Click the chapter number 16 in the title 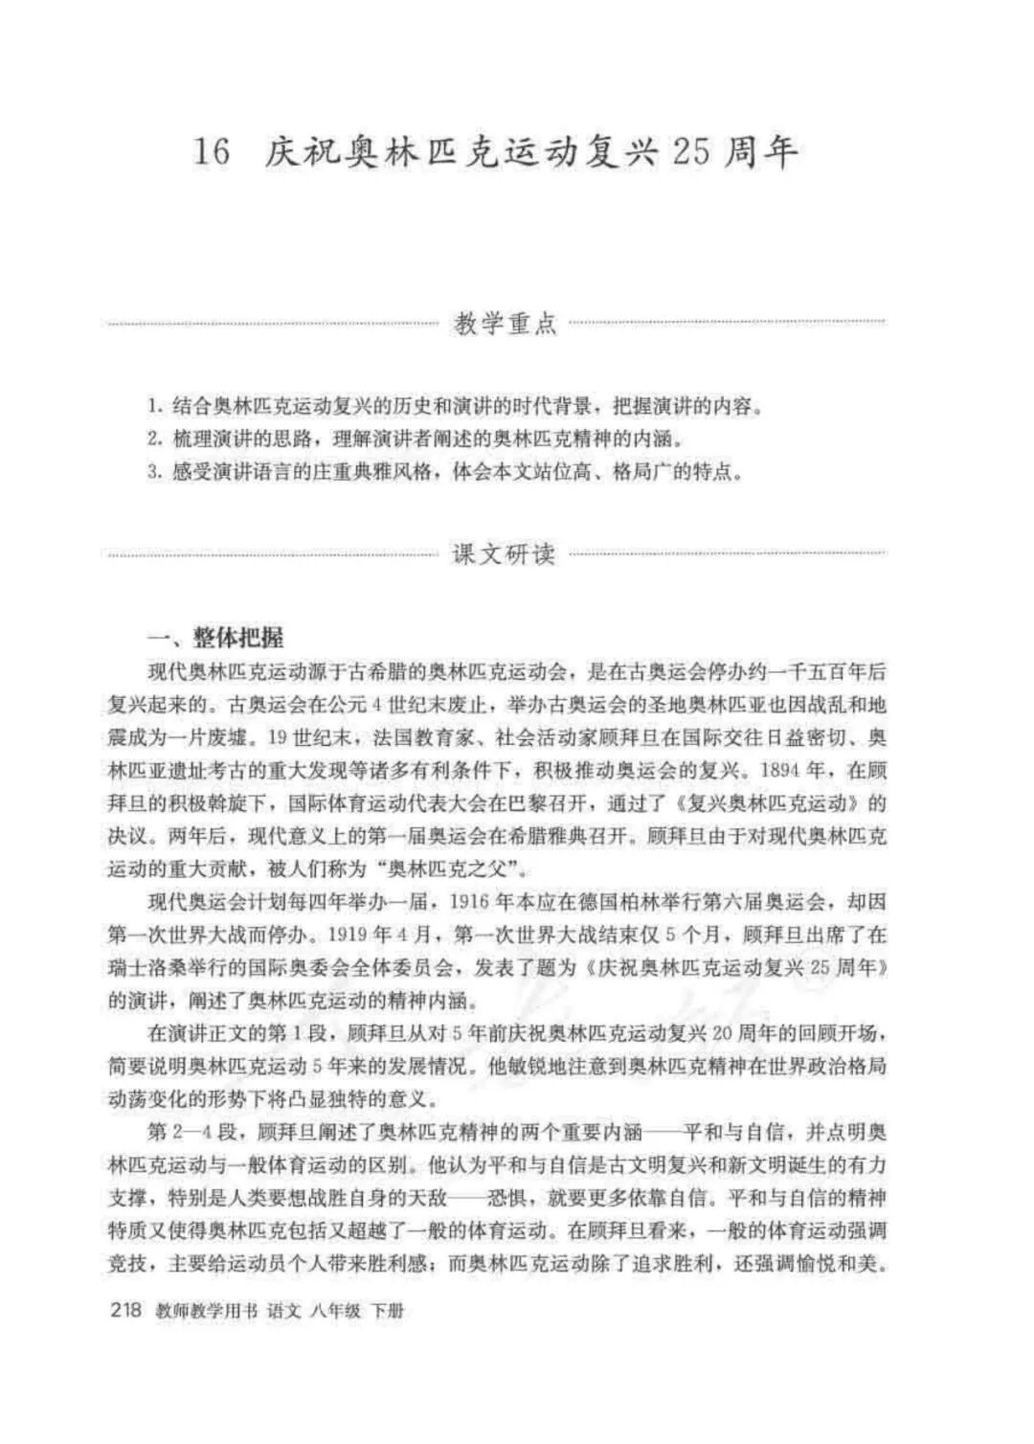(x=213, y=152)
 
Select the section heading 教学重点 (x=505, y=324)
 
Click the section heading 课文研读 (x=505, y=553)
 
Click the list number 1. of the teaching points (x=155, y=406)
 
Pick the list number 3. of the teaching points (x=155, y=472)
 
